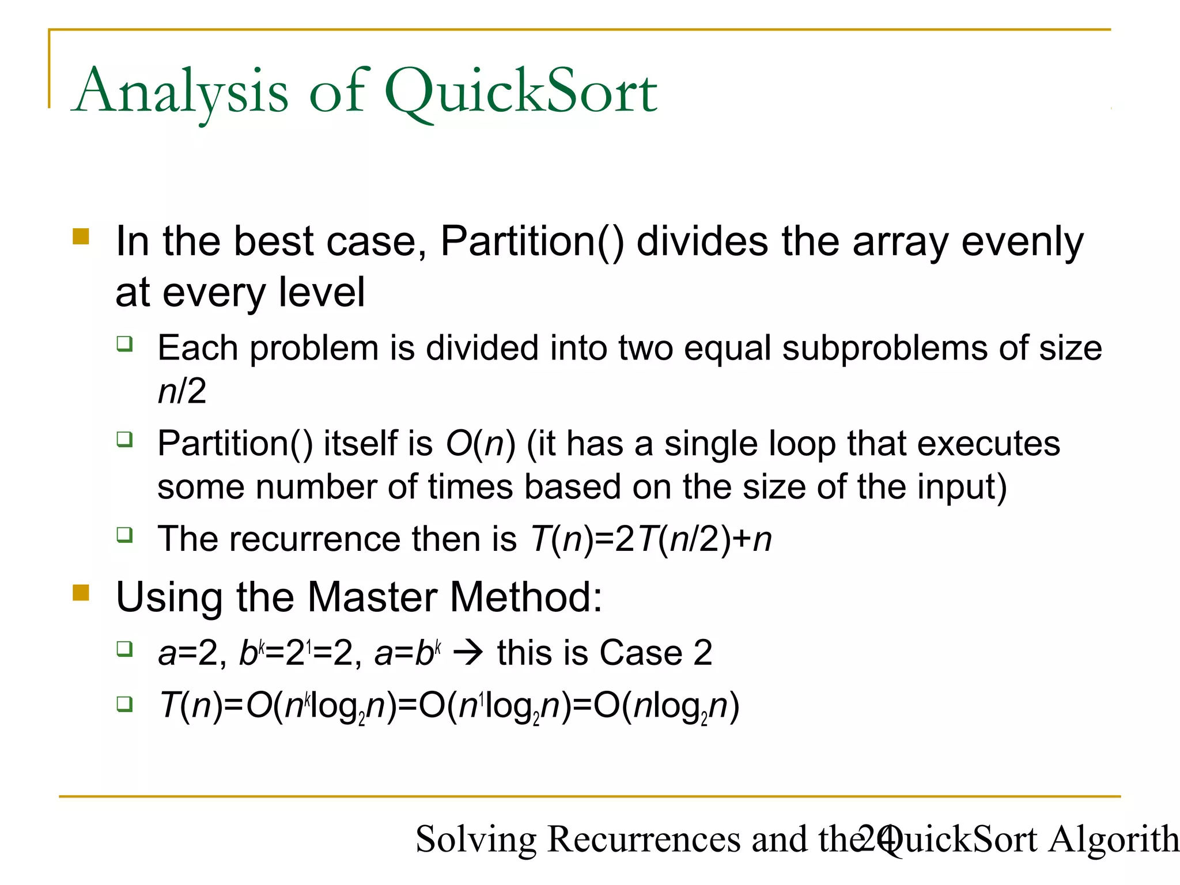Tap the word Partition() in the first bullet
[532, 241]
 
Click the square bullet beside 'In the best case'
[81, 237]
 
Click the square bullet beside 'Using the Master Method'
[81, 593]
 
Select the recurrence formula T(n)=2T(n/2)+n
[650, 539]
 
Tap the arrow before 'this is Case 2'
[468, 653]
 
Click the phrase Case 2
[656, 653]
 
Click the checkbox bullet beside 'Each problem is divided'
[124, 344]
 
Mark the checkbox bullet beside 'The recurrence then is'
[124, 535]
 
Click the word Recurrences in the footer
[644, 839]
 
